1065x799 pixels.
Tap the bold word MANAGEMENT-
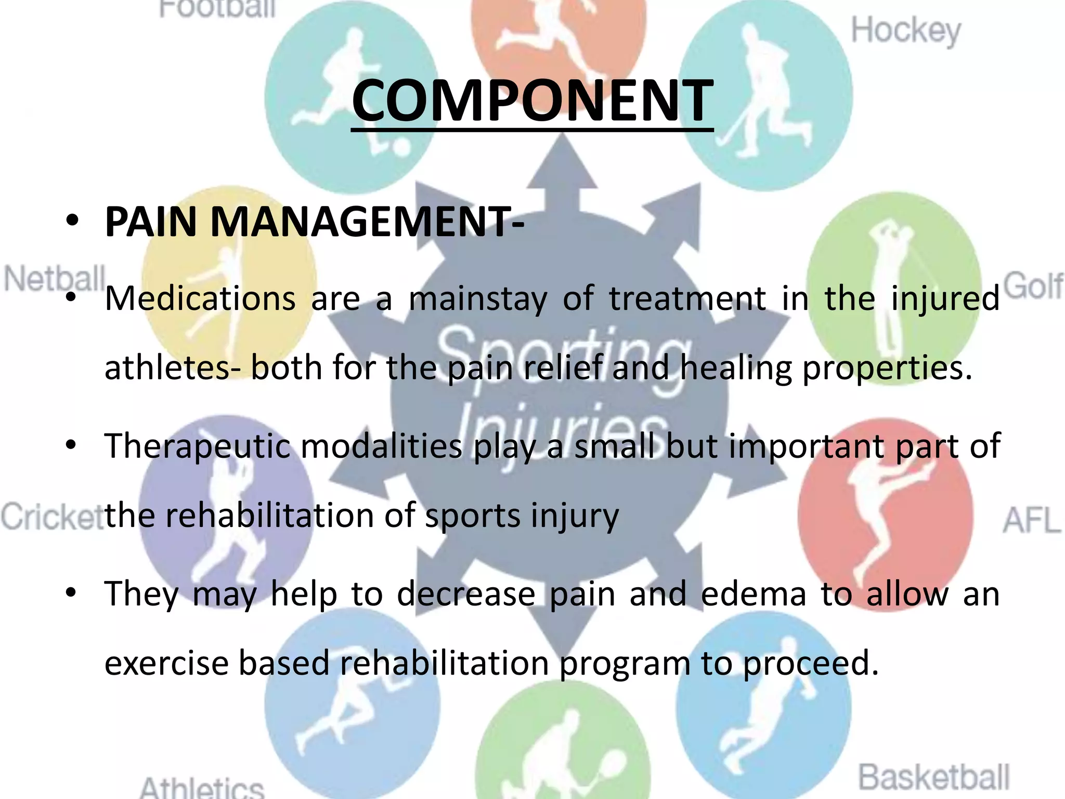point(367,223)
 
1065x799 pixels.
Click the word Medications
point(200,299)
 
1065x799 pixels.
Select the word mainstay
point(478,300)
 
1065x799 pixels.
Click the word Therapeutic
point(198,447)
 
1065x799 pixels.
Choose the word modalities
point(381,447)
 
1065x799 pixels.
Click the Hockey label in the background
point(906,31)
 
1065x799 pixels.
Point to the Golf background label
point(1033,286)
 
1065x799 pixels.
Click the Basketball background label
point(933,777)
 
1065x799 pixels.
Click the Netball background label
point(54,279)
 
